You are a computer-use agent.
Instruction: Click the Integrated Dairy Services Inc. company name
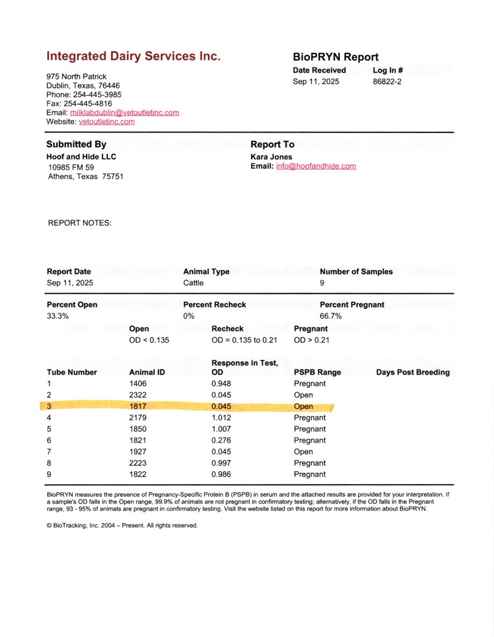(x=133, y=56)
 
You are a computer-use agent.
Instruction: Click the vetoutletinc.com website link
(x=106, y=122)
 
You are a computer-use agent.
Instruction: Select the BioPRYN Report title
(x=335, y=57)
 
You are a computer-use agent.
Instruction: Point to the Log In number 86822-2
(x=387, y=82)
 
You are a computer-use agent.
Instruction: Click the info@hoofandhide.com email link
(x=316, y=166)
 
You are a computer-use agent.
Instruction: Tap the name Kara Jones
(x=272, y=157)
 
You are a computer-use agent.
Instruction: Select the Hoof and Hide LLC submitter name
(x=81, y=157)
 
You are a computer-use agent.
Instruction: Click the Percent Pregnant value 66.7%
(x=330, y=316)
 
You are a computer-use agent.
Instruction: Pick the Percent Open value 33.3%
(x=58, y=316)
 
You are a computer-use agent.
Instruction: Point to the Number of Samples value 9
(x=322, y=283)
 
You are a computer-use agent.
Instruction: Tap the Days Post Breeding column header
(x=413, y=372)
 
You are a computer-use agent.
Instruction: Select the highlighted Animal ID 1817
(x=138, y=406)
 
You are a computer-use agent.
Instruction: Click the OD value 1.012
(x=221, y=418)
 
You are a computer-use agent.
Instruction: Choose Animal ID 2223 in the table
(x=138, y=463)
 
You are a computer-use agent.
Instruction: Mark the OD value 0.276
(x=221, y=440)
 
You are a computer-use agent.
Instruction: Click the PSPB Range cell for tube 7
(x=303, y=452)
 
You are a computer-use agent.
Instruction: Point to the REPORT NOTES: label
(x=80, y=224)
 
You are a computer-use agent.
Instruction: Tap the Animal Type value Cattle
(x=194, y=283)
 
